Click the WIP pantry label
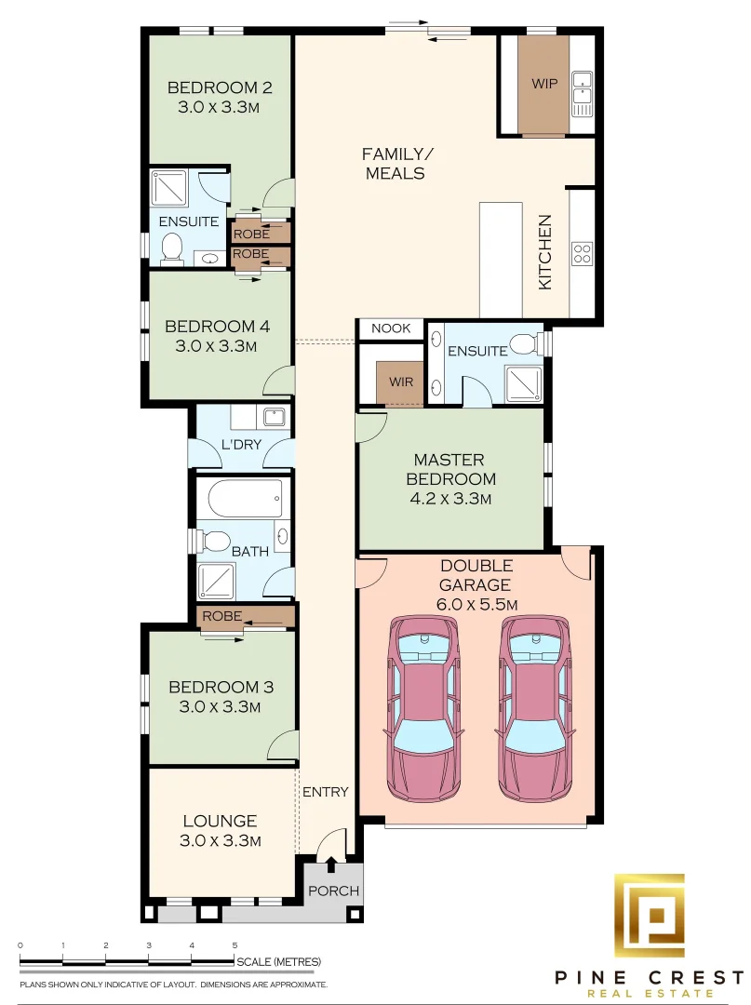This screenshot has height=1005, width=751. (544, 84)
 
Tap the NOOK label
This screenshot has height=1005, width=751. (391, 328)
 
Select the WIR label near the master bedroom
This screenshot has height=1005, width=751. (401, 382)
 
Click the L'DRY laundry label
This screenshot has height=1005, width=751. (241, 444)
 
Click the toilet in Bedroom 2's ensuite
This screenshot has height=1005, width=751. (172, 249)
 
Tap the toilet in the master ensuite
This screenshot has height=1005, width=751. (528, 343)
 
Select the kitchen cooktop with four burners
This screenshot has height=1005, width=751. (582, 253)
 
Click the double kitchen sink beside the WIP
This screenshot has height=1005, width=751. (583, 94)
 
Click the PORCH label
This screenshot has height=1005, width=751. (333, 891)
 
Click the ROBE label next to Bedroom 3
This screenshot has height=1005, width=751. (221, 616)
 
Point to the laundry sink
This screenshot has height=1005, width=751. (274, 418)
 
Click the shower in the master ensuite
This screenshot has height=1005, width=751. (524, 383)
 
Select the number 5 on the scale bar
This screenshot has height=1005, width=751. (235, 945)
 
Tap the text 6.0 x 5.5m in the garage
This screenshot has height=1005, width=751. (476, 604)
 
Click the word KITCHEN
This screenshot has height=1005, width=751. (544, 252)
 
